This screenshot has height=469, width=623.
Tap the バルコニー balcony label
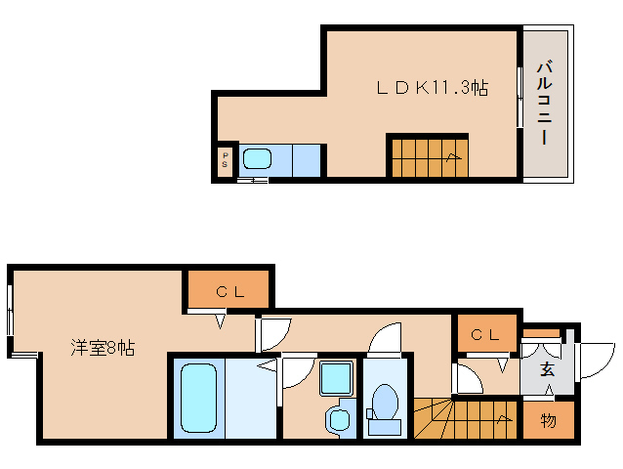548,103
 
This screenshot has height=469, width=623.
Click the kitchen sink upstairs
256,159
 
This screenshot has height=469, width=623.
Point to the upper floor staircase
428,156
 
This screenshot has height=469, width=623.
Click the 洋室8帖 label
102,347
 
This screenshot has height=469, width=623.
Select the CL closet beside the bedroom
227,290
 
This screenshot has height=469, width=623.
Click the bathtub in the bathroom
199,398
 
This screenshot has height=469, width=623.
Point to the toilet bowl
386,403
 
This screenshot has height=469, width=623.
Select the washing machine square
337,378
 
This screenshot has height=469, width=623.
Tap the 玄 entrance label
548,369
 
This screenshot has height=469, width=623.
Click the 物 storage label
548,421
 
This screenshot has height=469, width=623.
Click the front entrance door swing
595,362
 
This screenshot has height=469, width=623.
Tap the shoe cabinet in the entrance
540,334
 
